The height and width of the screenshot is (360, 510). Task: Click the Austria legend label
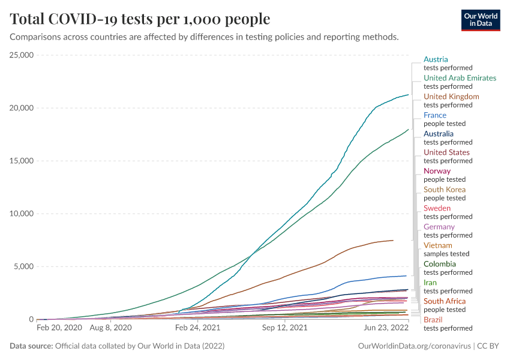[436, 59]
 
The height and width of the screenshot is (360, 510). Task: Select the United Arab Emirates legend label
[460, 78]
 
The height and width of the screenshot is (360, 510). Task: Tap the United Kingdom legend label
[451, 97]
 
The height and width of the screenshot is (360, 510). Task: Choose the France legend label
[435, 115]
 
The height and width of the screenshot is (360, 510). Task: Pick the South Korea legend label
[445, 190]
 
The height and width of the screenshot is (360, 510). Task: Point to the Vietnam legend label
[438, 245]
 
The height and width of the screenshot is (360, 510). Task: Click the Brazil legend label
[433, 320]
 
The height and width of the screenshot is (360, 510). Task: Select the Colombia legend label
[440, 264]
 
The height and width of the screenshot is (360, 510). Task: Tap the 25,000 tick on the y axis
[22, 55]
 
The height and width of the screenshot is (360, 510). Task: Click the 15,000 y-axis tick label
[22, 161]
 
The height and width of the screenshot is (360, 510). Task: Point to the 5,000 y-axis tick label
[25, 266]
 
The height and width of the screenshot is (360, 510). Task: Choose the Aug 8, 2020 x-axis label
[110, 329]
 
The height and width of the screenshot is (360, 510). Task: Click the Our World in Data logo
[480, 20]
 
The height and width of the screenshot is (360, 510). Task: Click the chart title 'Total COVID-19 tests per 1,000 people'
[140, 19]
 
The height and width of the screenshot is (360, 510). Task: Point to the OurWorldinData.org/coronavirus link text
[414, 346]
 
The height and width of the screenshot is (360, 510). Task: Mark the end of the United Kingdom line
[393, 240]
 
